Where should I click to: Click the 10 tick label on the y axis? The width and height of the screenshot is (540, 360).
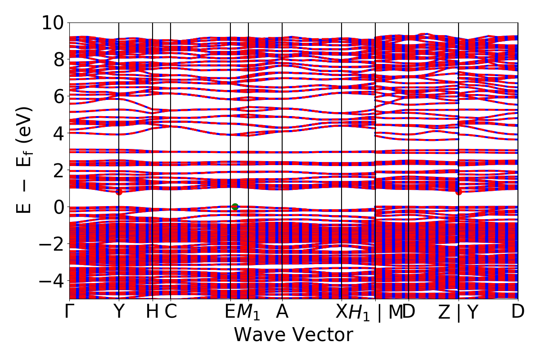point(53,22)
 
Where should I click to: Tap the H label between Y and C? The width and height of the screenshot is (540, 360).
point(153,312)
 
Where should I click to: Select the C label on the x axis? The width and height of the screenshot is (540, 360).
point(171,312)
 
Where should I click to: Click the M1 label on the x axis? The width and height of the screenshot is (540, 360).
point(248,313)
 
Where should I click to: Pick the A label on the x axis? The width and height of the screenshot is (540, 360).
point(282,312)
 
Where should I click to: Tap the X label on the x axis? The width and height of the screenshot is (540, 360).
point(342,312)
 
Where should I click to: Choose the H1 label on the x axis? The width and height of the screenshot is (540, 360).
point(359,313)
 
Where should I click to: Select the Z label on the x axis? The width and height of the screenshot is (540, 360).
point(444,312)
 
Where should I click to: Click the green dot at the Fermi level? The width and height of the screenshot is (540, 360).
point(235,207)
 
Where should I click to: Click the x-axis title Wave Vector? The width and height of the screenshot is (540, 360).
point(293,335)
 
